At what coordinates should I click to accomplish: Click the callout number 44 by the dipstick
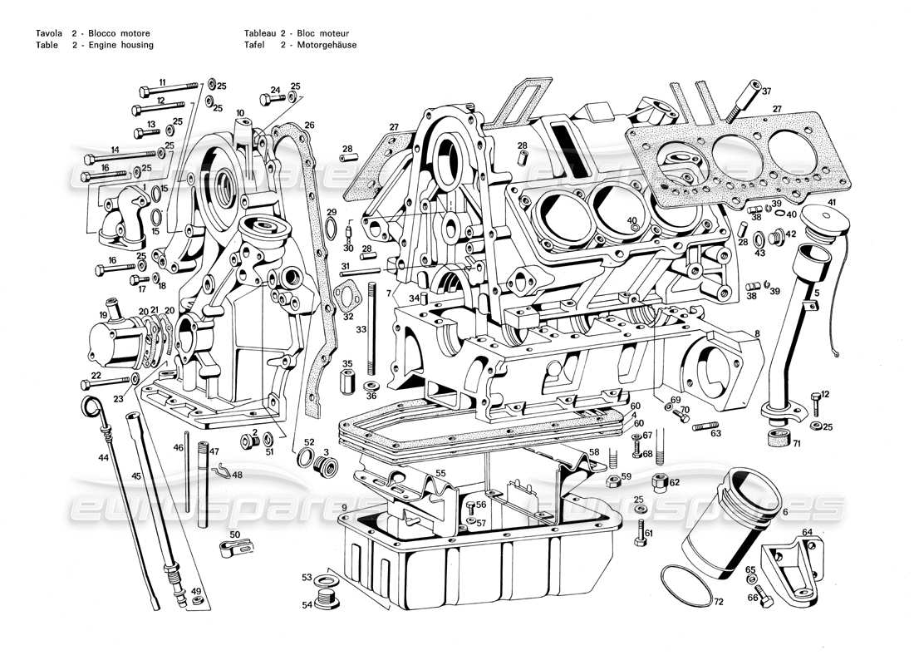[102, 458]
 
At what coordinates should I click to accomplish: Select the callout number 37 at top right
[766, 91]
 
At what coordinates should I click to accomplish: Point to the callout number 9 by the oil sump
[343, 507]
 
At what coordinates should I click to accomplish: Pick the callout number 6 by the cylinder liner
[784, 512]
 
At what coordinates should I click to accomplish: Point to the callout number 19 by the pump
[104, 315]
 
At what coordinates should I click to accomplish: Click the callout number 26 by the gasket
[308, 126]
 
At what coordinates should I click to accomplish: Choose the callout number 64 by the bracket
[807, 533]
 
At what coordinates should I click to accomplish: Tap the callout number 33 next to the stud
[361, 330]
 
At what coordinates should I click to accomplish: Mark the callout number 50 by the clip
[235, 534]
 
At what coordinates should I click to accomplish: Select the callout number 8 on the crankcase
[757, 334]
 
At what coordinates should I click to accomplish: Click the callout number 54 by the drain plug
[307, 604]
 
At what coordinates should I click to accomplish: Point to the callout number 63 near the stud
[715, 433]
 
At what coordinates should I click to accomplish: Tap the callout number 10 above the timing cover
[239, 112]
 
